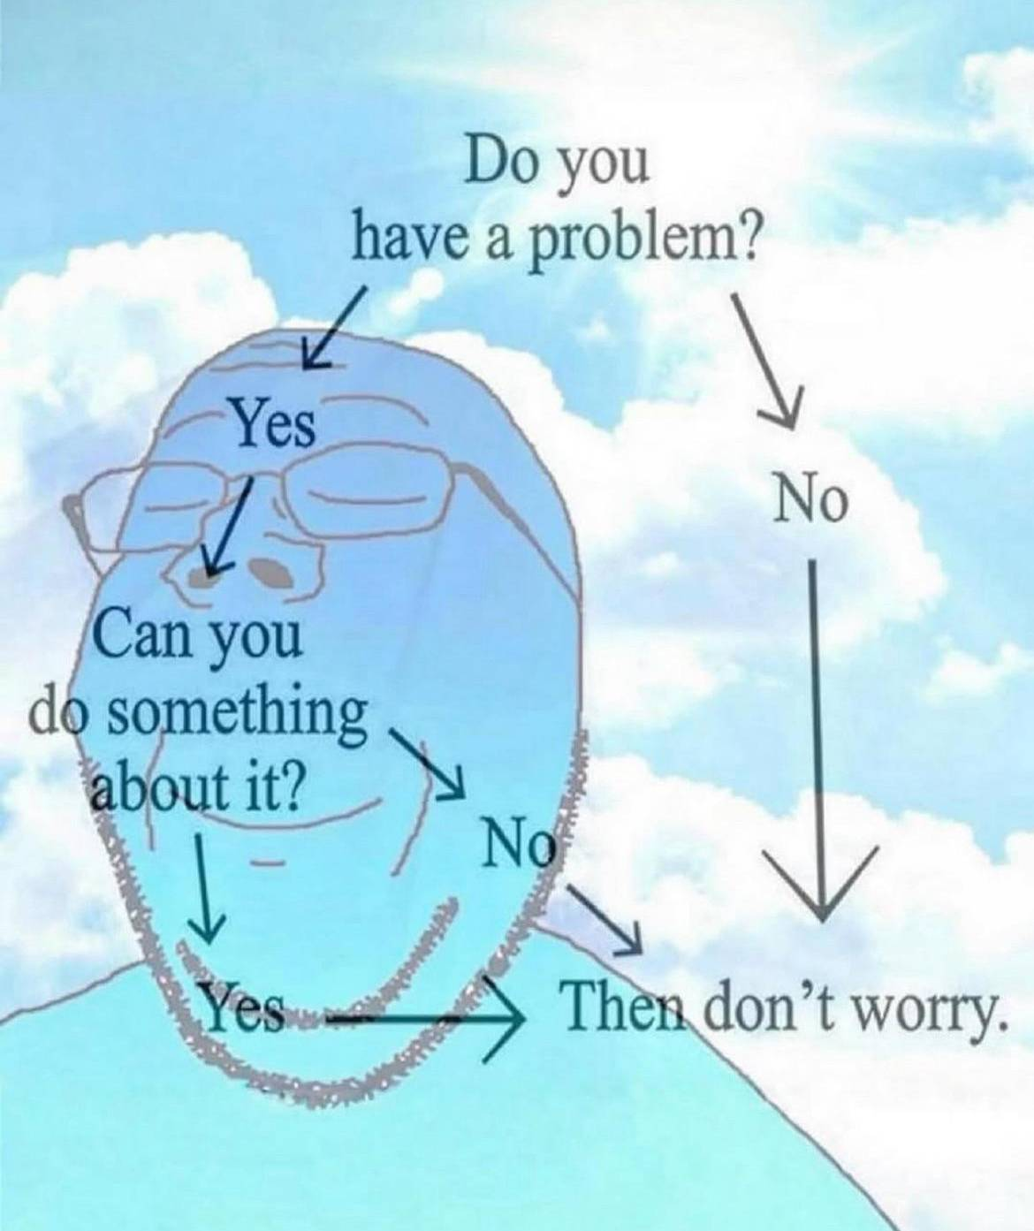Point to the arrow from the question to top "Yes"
[x=334, y=329]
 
